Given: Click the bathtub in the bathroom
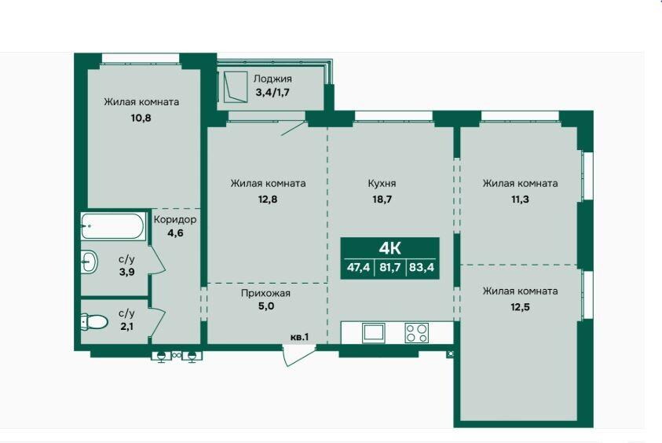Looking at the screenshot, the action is pos(112,226).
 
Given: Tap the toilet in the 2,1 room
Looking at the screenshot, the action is pos(94,321).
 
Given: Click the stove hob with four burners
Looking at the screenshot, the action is pos(417,333).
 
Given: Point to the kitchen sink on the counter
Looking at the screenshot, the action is pos(374,333).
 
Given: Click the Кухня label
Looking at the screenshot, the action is pos(382,183).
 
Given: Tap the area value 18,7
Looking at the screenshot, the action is pos(382,199).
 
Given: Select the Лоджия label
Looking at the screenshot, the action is pos(272,79).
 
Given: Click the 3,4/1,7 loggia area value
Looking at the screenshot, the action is pos(272,92).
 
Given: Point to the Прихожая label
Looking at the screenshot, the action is pos(265,293).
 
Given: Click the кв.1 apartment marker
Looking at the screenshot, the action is pos(300,337).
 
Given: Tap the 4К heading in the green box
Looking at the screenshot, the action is pos(390,248).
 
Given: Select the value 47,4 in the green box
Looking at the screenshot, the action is pos(358,267).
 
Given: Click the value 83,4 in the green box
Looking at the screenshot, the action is pos(422,267).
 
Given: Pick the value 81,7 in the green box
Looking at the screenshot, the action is pos(390,267).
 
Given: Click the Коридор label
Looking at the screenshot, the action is pos(175,220).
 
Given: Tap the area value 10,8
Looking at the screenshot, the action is pos(141,118).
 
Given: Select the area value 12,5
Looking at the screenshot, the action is pos(520,307).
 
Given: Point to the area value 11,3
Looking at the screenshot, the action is pos(520,199).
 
